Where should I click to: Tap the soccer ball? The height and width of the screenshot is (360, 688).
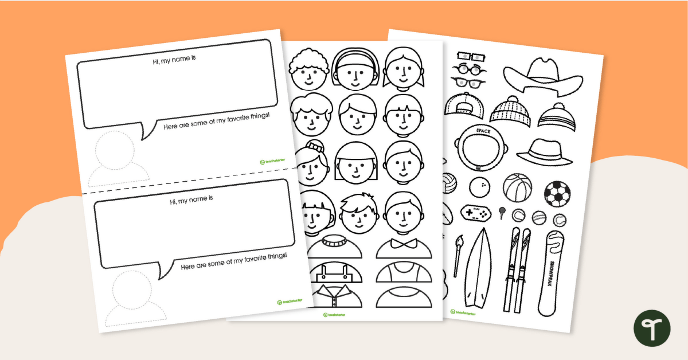click(x=557, y=194)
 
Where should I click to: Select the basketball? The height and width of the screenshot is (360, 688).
click(x=518, y=187)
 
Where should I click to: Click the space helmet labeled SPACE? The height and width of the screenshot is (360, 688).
click(x=480, y=147)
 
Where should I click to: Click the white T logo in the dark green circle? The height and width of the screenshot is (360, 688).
click(x=651, y=328)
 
